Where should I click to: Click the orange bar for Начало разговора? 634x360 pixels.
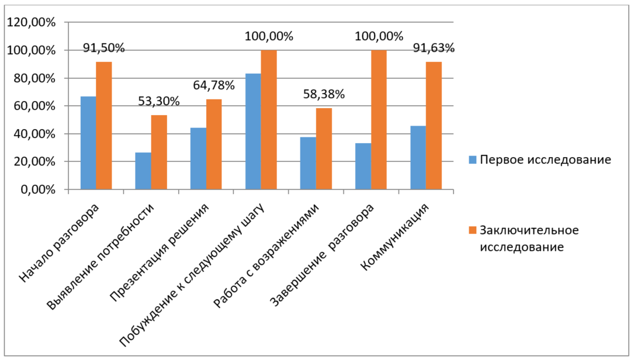click(104, 126)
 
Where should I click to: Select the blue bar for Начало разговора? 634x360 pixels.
click(88, 143)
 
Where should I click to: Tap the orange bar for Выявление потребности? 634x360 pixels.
click(159, 153)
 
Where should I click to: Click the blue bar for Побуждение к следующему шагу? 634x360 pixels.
click(253, 131)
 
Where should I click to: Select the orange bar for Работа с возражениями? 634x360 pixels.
click(324, 149)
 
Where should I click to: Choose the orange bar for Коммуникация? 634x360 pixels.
click(434, 126)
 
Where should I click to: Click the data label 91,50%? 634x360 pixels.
click(104, 48)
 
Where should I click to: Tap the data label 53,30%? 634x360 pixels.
click(159, 101)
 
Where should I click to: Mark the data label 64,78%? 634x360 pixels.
click(214, 85)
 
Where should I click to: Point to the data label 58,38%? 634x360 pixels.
click(324, 94)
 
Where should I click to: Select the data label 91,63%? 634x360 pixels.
click(434, 48)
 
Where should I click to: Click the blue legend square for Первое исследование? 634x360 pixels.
click(473, 160)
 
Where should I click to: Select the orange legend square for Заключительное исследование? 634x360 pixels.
click(473, 230)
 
